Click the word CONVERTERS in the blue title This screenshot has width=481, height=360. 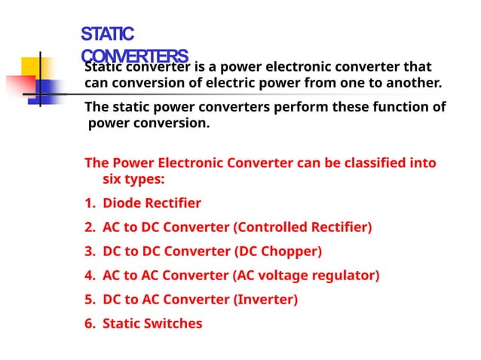pyautogui.click(x=134, y=56)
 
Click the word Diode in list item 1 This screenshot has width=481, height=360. pyautogui.click(x=121, y=203)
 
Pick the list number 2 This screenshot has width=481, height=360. pyautogui.click(x=88, y=227)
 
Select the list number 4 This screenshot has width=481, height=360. pyautogui.click(x=88, y=275)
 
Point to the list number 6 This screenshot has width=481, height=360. pyautogui.click(x=88, y=323)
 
